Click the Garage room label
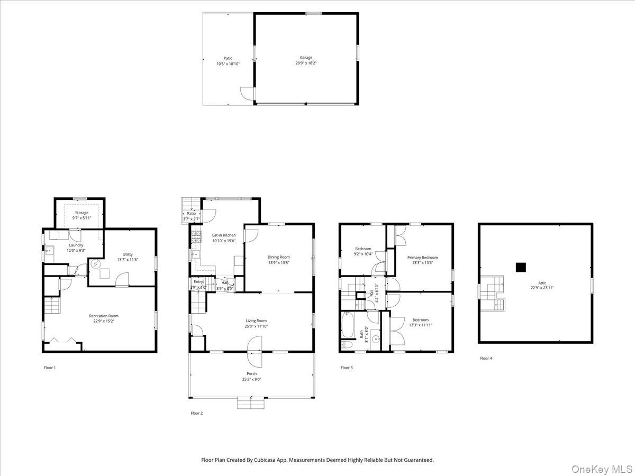click(306, 58)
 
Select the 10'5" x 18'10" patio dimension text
click(228, 64)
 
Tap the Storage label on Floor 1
click(81, 213)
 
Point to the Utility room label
click(128, 254)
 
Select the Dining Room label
click(278, 257)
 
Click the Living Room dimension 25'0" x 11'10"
click(256, 326)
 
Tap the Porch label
click(251, 373)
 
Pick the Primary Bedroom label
click(422, 258)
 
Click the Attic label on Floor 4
click(542, 283)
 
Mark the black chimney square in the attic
click(521, 267)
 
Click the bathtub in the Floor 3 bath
click(348, 325)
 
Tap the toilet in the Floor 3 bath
click(347, 345)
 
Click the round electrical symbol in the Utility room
click(96, 263)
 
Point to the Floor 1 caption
click(50, 367)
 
